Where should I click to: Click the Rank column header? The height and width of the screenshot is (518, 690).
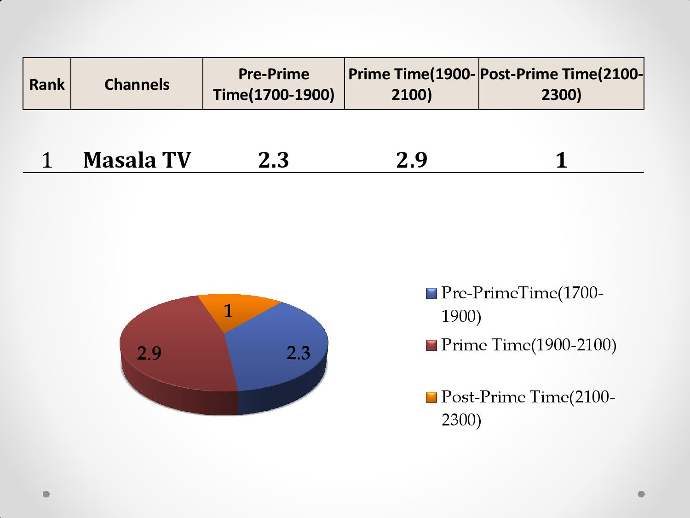pyautogui.click(x=47, y=84)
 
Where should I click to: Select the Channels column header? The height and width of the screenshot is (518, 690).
pyautogui.click(x=137, y=84)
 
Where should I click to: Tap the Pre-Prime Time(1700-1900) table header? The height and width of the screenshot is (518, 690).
pyautogui.click(x=274, y=84)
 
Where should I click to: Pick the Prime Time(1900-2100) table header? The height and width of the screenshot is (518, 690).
pyautogui.click(x=412, y=84)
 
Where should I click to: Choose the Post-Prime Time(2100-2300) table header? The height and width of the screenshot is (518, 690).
pyautogui.click(x=562, y=84)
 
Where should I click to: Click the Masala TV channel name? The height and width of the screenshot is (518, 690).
pyautogui.click(x=137, y=160)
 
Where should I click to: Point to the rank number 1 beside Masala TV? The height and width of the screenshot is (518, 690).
pyautogui.click(x=47, y=160)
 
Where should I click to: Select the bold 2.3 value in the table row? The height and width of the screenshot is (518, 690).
pyautogui.click(x=274, y=160)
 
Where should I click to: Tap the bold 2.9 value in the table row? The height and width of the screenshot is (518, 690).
pyautogui.click(x=412, y=160)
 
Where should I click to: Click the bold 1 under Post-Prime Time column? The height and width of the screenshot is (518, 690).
pyautogui.click(x=562, y=160)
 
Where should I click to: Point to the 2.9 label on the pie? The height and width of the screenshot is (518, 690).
pyautogui.click(x=149, y=353)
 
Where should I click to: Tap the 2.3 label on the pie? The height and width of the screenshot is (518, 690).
pyautogui.click(x=299, y=353)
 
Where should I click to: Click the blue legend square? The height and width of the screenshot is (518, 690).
pyautogui.click(x=431, y=293)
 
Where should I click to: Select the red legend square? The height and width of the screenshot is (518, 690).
pyautogui.click(x=431, y=345)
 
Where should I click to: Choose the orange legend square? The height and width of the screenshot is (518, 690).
pyautogui.click(x=431, y=397)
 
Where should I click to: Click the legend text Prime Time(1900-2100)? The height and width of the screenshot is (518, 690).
pyautogui.click(x=529, y=345)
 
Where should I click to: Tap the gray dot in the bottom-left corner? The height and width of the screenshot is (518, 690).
pyautogui.click(x=46, y=494)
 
